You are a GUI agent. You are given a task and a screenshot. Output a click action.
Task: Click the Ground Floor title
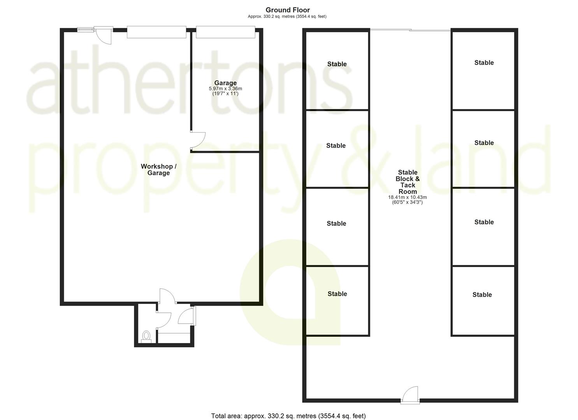288,10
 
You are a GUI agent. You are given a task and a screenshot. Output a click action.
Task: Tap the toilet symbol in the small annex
146,337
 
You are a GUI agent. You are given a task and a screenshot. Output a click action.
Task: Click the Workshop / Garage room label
158,170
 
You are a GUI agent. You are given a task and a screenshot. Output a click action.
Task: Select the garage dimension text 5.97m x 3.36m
225,89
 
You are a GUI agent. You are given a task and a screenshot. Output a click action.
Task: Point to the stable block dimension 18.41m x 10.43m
408,197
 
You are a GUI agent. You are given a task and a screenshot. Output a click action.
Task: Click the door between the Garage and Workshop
198,140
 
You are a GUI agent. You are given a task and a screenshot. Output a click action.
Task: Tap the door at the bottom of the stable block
410,394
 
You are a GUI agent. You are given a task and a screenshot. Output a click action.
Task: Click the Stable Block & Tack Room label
408,182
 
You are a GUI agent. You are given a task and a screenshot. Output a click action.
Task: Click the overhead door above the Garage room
225,32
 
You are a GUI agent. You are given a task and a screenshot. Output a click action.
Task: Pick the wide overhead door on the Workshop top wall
156,32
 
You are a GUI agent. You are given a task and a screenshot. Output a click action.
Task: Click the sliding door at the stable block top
410,30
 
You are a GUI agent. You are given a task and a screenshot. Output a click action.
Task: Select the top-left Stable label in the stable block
337,64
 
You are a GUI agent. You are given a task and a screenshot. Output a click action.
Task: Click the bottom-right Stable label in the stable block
482,294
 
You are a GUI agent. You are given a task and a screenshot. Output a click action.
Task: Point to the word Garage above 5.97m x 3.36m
225,83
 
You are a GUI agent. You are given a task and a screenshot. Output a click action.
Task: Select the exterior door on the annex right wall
187,316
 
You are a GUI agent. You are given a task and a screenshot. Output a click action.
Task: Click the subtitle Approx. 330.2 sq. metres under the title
287,16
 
